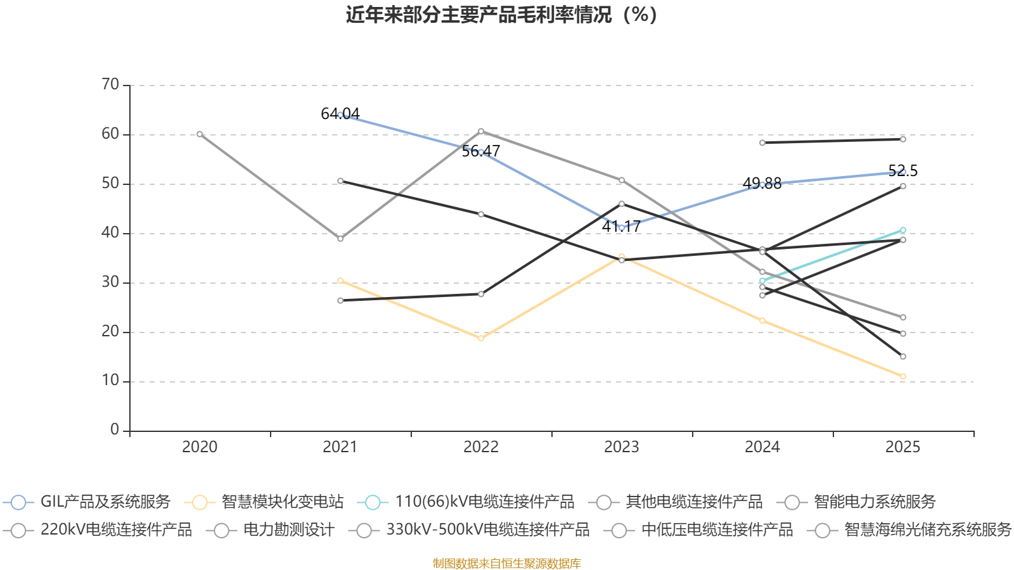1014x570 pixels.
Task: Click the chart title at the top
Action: [x=501, y=15]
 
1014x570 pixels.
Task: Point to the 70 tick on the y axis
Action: [x=110, y=84]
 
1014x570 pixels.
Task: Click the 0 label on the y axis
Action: [x=115, y=430]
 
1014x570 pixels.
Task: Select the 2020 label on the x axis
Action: [x=200, y=447]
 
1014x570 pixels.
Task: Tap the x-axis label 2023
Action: [x=622, y=447]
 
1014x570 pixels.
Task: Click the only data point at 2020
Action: [x=200, y=134]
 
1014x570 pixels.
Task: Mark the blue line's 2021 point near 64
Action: [x=340, y=115]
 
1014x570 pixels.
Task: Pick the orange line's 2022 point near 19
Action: [x=481, y=338]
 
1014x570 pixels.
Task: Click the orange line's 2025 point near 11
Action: [x=903, y=376]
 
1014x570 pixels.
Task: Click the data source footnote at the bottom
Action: [x=506, y=563]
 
